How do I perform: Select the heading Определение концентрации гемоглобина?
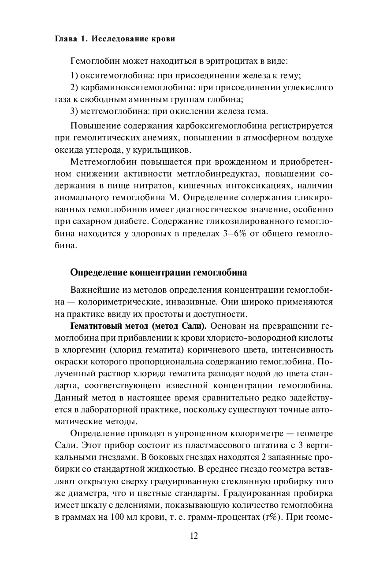(159, 272)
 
